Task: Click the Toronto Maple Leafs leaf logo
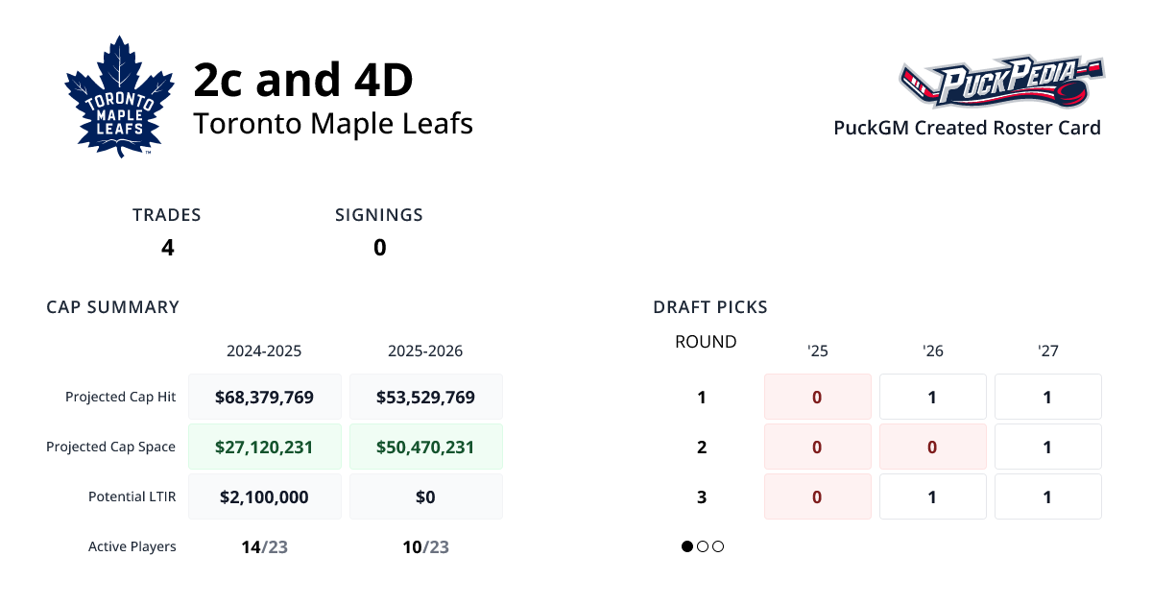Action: [x=119, y=96]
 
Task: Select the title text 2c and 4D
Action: [x=303, y=81]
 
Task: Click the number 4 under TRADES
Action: [x=167, y=248]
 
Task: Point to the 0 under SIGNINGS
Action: [x=379, y=248]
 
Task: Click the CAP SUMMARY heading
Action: [x=112, y=307]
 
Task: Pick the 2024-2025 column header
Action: [x=264, y=351]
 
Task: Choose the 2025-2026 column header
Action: [x=425, y=351]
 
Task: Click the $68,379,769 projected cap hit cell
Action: [x=264, y=397]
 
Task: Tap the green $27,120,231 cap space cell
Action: [x=264, y=447]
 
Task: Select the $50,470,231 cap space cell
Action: [x=425, y=447]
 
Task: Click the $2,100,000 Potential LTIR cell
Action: [x=264, y=496]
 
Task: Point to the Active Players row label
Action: [x=132, y=546]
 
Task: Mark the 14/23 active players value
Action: [x=264, y=547]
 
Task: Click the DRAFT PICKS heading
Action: [x=709, y=307]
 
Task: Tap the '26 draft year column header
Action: [x=932, y=351]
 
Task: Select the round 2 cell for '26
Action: [x=932, y=447]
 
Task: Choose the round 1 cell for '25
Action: [x=817, y=397]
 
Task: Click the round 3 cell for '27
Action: [x=1047, y=496]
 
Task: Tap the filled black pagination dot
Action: [x=687, y=546]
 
